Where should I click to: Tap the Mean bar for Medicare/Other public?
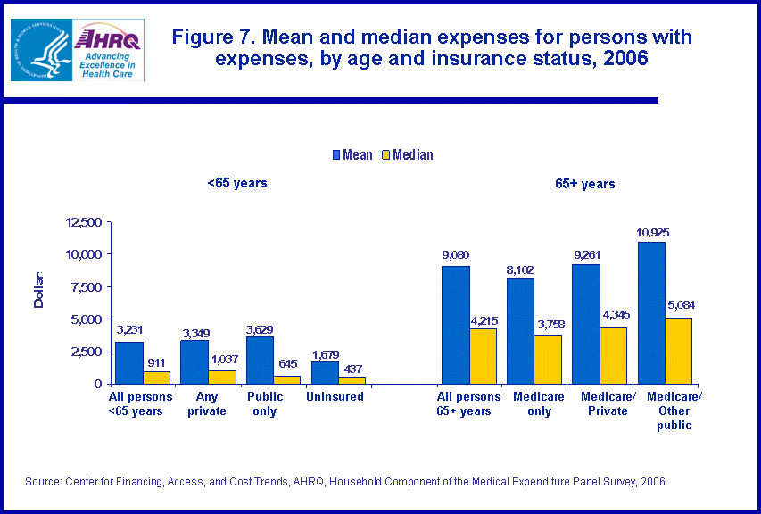click(652, 312)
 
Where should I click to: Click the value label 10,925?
click(652, 233)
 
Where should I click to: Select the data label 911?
click(156, 362)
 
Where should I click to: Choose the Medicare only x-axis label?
click(539, 403)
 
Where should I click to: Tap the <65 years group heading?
click(236, 183)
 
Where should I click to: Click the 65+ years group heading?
click(584, 184)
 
